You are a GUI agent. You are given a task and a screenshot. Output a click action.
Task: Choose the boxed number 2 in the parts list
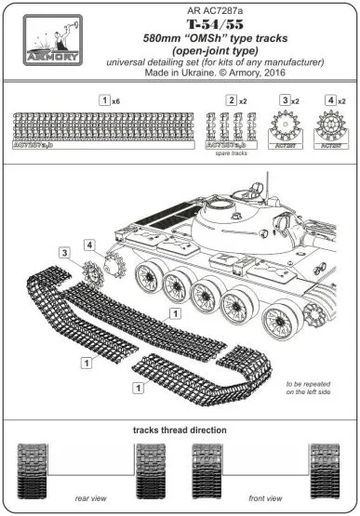230,99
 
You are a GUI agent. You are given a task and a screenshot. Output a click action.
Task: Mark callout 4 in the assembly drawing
90,245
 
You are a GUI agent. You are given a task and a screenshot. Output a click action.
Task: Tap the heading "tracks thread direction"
180,430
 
